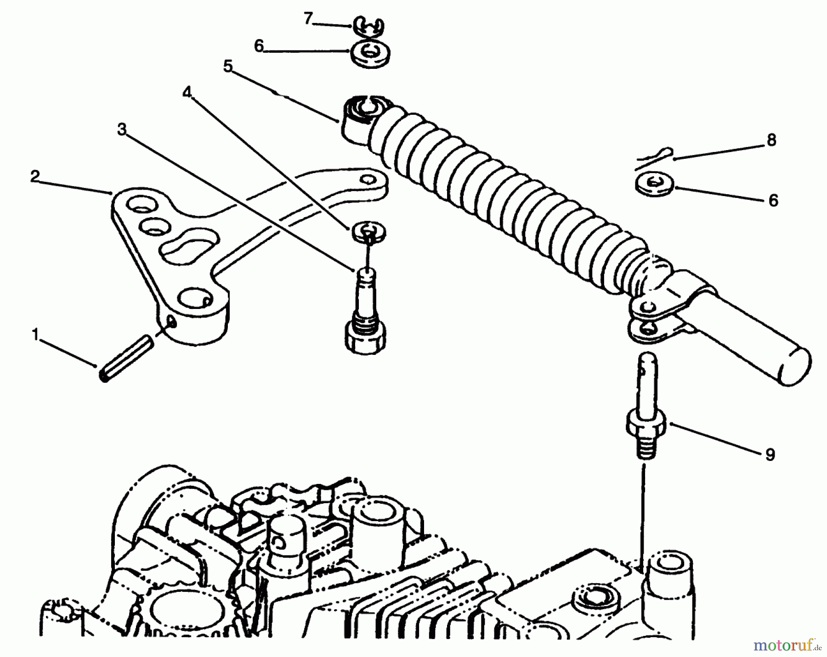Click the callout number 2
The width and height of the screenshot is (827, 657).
click(35, 176)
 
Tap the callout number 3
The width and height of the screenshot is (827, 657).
click(122, 130)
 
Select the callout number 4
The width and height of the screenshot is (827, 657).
click(186, 92)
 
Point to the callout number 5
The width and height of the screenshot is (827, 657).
click(228, 66)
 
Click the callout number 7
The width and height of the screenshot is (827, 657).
click(308, 18)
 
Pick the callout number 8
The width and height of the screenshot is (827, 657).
click(771, 140)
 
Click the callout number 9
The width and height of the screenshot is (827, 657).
click(770, 454)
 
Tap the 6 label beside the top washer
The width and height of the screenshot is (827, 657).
click(259, 46)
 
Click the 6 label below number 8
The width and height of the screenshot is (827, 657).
click(773, 200)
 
